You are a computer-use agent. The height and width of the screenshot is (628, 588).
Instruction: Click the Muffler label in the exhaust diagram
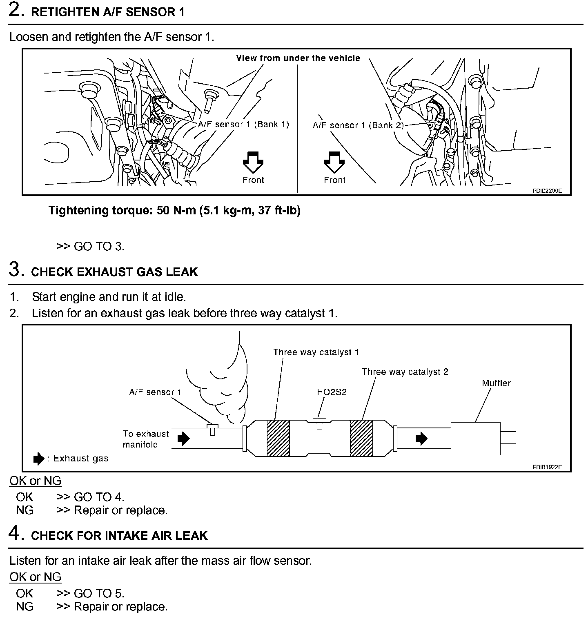(496, 383)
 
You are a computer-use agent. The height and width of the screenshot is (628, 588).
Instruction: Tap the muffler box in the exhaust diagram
(475, 439)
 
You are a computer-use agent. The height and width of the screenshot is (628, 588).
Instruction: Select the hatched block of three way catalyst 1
(278, 438)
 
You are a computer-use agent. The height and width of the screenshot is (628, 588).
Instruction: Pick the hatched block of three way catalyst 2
(361, 438)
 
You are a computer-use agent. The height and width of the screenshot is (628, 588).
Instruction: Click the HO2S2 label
(332, 392)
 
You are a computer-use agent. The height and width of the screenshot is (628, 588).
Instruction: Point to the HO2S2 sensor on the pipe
(319, 423)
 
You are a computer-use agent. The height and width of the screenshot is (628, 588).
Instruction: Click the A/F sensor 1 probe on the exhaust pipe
(212, 429)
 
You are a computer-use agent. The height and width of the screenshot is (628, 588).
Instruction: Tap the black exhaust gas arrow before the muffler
(421, 439)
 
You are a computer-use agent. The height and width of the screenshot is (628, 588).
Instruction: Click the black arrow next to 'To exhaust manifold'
(184, 439)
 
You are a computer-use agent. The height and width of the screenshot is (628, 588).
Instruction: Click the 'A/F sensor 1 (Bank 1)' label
(243, 124)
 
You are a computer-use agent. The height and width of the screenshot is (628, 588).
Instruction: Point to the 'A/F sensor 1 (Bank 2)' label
(358, 125)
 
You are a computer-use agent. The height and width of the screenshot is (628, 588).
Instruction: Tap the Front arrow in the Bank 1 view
(253, 161)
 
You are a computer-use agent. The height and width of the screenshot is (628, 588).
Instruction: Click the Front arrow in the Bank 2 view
(334, 161)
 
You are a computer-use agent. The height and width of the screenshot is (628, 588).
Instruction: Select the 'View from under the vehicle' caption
(298, 58)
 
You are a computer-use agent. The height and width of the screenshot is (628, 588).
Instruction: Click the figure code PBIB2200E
(547, 190)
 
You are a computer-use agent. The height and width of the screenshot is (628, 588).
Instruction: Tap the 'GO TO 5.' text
(99, 593)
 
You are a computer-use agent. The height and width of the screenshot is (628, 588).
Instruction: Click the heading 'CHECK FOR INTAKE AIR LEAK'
(119, 535)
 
